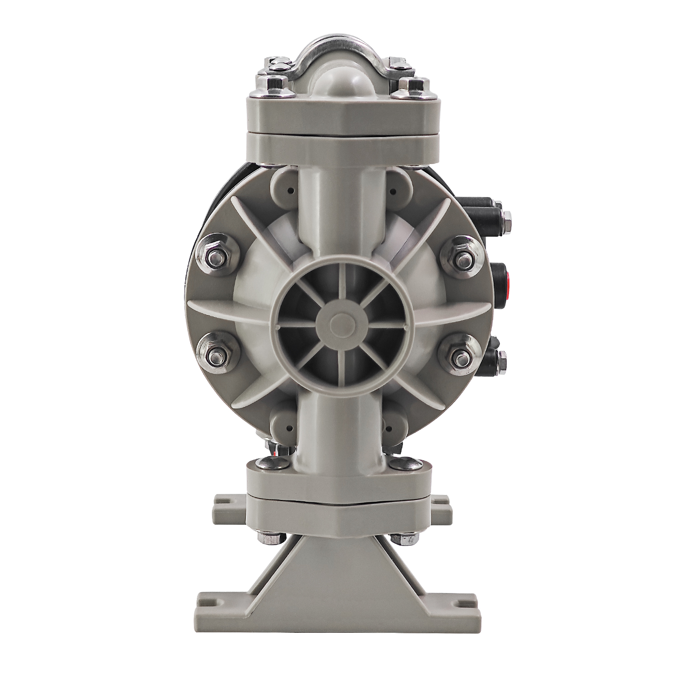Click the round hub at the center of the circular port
339,322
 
